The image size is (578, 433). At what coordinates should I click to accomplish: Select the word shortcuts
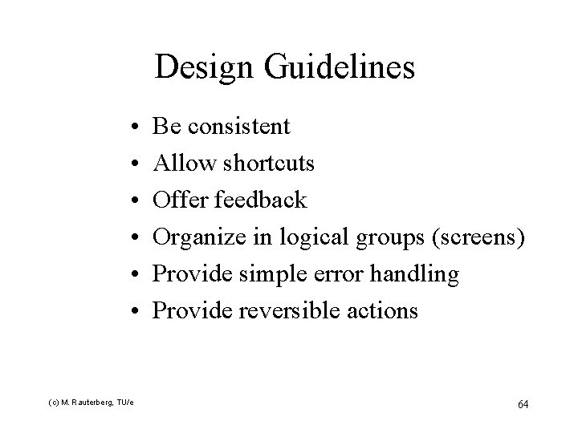[269, 164]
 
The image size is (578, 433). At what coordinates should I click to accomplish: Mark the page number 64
[522, 403]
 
